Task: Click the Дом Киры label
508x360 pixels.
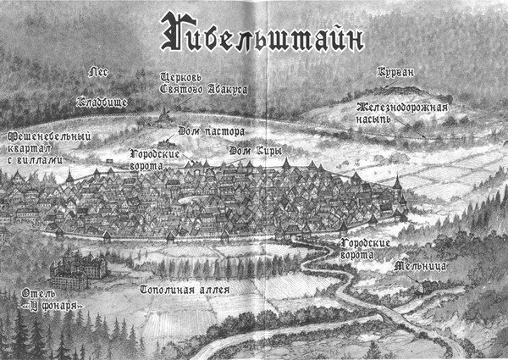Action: point(254,150)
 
